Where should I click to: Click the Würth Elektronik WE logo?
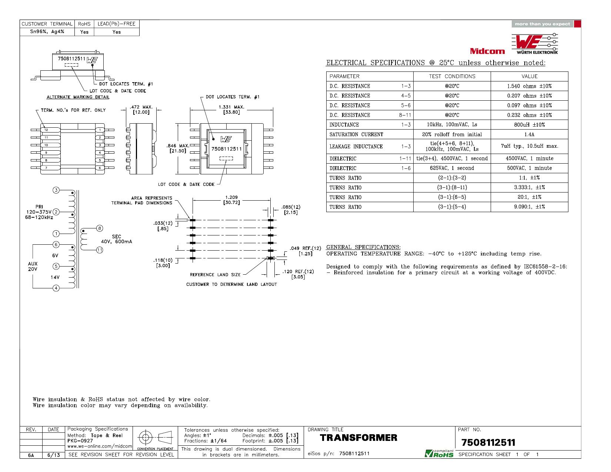[x=534, y=44]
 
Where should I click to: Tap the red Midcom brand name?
[x=487, y=51]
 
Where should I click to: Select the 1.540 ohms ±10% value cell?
[x=529, y=86]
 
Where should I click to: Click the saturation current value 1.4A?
[x=529, y=134]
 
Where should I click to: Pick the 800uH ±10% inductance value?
[x=529, y=125]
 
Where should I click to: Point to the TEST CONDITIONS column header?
[x=452, y=77]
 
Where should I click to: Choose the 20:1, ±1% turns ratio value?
[x=529, y=197]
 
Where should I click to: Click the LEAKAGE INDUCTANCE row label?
[x=356, y=147]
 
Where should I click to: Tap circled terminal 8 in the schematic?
[x=100, y=228]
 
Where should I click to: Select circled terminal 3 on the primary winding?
[x=56, y=190]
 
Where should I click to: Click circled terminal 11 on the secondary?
[x=100, y=250]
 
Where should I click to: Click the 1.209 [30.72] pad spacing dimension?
[x=231, y=200]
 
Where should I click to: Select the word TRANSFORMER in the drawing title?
[x=358, y=438]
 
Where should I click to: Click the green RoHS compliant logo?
[x=439, y=453]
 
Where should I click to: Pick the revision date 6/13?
[x=53, y=455]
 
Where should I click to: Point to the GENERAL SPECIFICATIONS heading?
[x=363, y=247]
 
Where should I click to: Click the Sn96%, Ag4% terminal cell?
[x=47, y=32]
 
